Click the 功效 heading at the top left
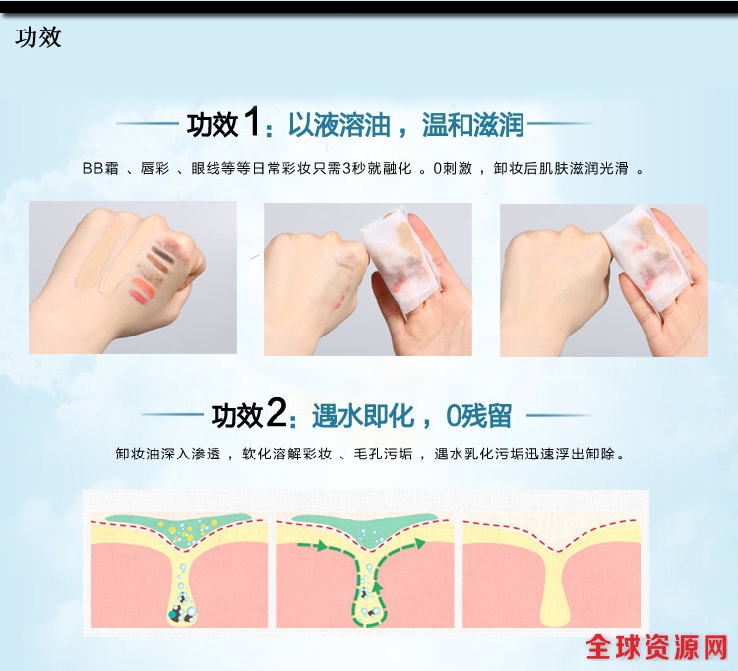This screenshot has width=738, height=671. click(x=37, y=37)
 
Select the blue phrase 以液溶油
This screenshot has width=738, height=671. click(x=338, y=125)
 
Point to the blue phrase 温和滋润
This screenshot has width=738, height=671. click(x=473, y=125)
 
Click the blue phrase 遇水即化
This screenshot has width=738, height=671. click(x=363, y=416)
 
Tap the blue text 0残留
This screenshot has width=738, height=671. click(x=478, y=416)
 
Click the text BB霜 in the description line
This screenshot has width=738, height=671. click(x=100, y=168)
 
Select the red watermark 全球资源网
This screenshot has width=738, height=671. click(x=657, y=647)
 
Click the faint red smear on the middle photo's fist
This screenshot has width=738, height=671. click(x=338, y=302)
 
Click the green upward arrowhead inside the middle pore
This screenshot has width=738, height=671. click(x=377, y=586)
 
